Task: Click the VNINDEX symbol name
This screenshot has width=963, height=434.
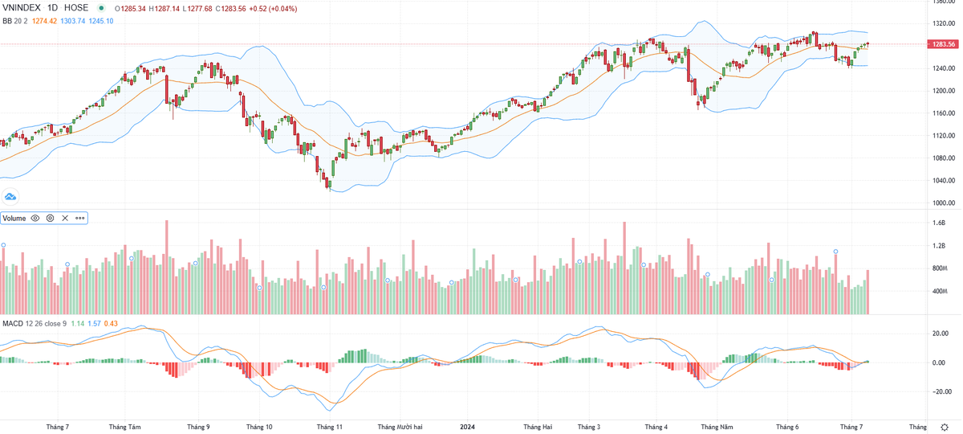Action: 22,8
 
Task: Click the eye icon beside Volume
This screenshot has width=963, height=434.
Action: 35,218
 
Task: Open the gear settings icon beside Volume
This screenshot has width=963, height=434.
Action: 50,218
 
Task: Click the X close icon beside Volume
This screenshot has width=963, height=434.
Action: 65,218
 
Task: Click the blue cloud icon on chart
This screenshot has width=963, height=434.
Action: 10,196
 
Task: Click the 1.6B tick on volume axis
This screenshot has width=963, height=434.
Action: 939,223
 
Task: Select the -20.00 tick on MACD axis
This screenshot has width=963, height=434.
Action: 941,392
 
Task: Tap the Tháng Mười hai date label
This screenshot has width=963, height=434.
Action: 401,427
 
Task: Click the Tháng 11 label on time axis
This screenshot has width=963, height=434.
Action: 329,427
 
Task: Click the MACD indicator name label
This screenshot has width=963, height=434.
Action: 12,323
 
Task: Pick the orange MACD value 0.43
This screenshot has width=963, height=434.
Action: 112,323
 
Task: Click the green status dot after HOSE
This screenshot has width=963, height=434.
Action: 101,8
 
